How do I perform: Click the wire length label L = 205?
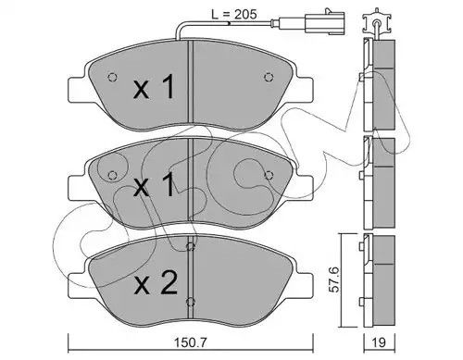point(233,14)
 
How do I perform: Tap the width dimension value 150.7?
point(191,342)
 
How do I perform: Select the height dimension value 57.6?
point(333,279)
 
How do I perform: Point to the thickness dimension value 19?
point(379,342)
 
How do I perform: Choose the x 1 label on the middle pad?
point(154,184)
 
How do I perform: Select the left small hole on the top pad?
point(112,77)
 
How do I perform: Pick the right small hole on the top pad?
point(269,77)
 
